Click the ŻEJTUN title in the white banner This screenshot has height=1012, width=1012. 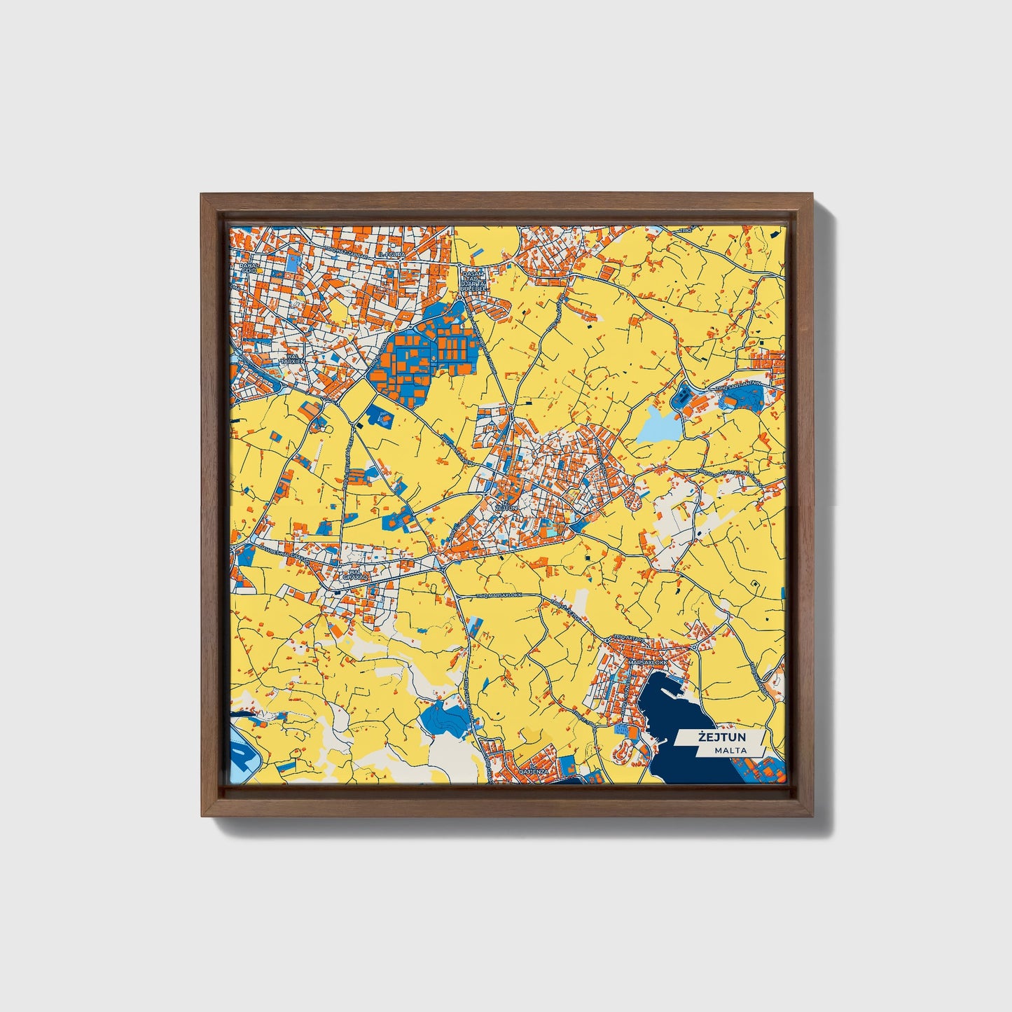(721, 737)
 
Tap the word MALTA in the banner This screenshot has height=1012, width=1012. (730, 750)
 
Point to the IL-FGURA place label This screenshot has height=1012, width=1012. (391, 255)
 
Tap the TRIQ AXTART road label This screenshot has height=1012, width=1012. (628, 637)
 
